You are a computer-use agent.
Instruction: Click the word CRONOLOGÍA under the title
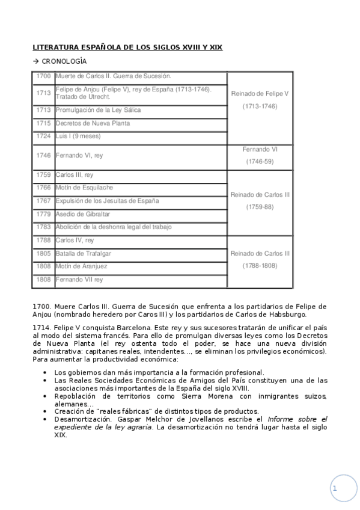click(64, 61)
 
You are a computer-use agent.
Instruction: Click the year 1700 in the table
click(43, 76)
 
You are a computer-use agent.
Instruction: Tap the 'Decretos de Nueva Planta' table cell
click(92, 123)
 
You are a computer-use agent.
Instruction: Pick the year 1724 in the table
click(43, 136)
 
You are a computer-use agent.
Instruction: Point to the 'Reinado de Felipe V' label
click(260, 94)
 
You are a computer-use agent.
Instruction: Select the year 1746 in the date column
click(43, 155)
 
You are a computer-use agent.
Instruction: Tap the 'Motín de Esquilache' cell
click(84, 188)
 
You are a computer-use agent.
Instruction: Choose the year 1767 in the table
click(43, 201)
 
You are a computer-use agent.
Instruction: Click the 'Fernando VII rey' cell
click(79, 280)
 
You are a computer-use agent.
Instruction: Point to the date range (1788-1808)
click(260, 265)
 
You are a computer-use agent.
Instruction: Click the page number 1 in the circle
click(335, 488)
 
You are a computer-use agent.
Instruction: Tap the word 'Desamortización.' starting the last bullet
click(76, 419)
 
